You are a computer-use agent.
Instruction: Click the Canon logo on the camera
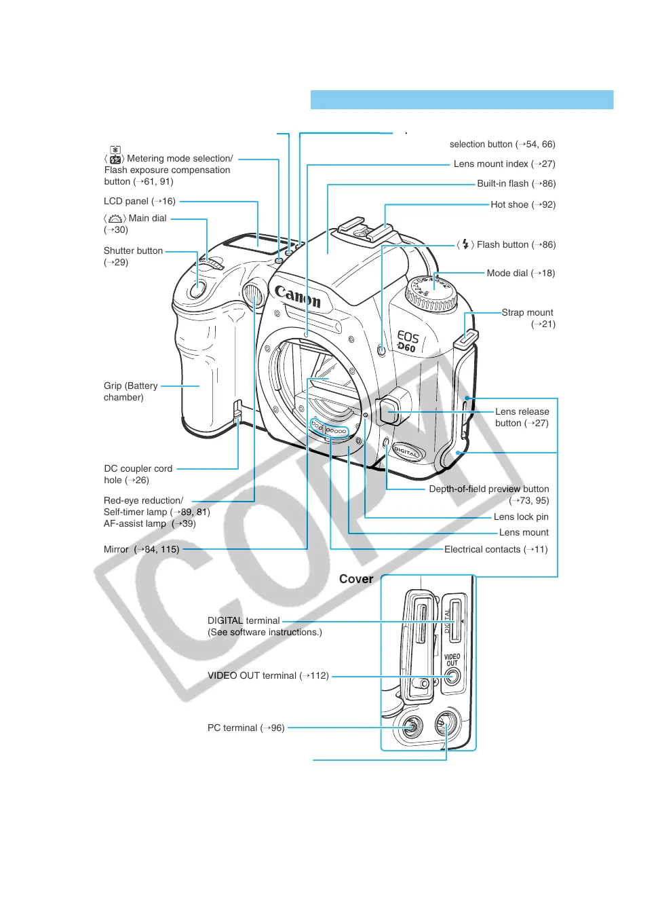(297, 295)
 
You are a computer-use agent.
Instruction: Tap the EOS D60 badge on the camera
(407, 341)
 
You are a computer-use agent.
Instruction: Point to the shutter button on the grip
(197, 289)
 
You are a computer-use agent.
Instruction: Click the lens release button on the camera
(391, 409)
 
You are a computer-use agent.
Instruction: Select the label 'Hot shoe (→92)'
(523, 204)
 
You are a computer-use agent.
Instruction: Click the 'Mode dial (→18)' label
(520, 273)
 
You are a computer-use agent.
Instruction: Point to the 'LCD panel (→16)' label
(140, 201)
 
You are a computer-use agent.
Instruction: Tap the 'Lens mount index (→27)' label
(504, 164)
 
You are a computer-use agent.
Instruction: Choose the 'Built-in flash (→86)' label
(516, 183)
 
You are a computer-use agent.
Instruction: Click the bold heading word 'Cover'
(356, 579)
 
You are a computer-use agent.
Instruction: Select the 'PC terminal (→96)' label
(246, 728)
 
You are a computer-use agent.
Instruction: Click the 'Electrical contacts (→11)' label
(495, 549)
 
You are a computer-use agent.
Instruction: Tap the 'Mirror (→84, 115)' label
(141, 549)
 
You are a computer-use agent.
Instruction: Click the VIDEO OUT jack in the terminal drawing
(452, 676)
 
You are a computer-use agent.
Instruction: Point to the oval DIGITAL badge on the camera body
(407, 451)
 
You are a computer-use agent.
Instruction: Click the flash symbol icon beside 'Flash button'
(465, 244)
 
